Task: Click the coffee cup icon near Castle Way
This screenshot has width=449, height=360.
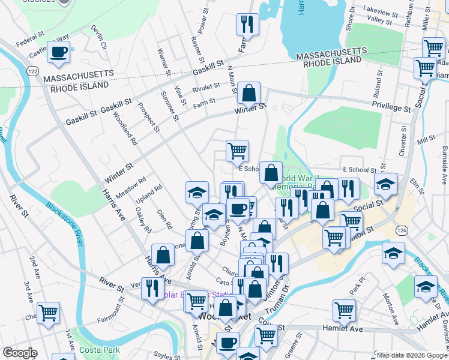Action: tap(58, 53)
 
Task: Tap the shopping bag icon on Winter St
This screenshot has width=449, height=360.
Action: tap(249, 94)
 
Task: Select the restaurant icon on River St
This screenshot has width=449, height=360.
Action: tap(152, 288)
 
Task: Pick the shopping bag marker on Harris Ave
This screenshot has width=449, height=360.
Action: tap(163, 255)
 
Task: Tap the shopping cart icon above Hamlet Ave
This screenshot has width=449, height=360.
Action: tap(344, 310)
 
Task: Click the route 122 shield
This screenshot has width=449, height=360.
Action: tap(33, 71)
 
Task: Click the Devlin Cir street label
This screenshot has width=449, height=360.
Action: tap(99, 37)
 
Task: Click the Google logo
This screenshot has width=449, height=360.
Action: tap(20, 353)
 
